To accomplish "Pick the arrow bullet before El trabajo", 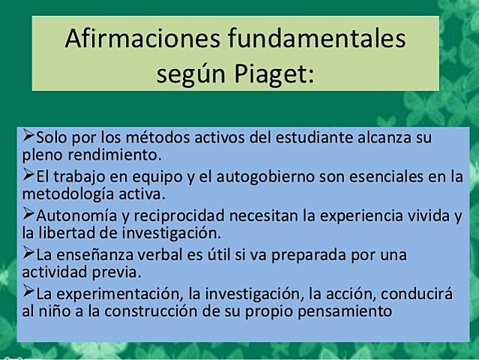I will tap(28, 176).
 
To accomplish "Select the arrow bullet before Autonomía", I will tap(28, 215).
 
